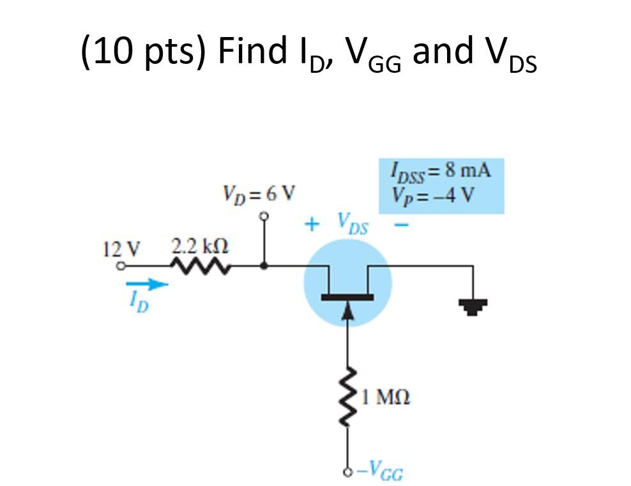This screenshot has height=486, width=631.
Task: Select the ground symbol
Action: point(473,308)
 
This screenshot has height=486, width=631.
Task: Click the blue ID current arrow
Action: point(147,284)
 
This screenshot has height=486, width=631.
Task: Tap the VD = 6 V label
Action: point(258,192)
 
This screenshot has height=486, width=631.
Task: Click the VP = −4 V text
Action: point(436,194)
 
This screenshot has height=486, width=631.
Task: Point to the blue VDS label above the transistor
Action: point(351,225)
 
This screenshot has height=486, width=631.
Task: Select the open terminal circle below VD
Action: point(263,216)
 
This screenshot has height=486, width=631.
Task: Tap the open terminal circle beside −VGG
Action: point(348,473)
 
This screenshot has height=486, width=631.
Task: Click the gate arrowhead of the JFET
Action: point(348,310)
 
